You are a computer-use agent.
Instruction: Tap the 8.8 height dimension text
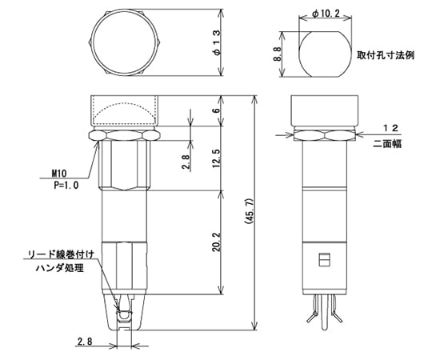pyautogui.click(x=277, y=54)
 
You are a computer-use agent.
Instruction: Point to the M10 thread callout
pyautogui.click(x=59, y=173)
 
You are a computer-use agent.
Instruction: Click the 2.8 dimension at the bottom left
pyautogui.click(x=85, y=342)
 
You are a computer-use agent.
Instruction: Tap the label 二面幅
pyautogui.click(x=388, y=143)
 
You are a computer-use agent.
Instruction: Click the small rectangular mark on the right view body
pyautogui.click(x=324, y=260)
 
